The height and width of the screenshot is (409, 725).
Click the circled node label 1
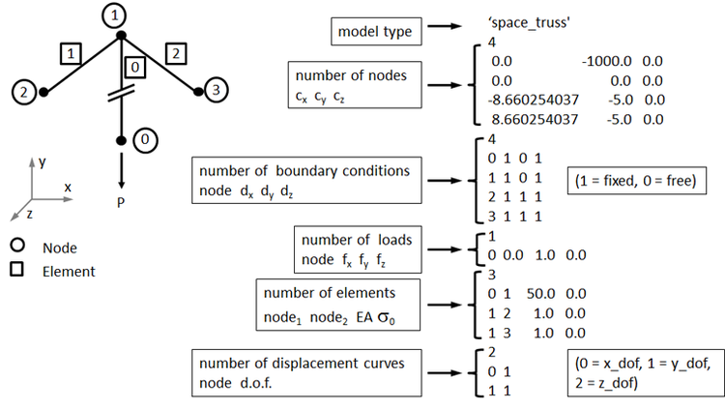pyautogui.click(x=114, y=15)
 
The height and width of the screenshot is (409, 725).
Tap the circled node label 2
pyautogui.click(x=23, y=92)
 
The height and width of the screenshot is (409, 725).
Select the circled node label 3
pyautogui.click(x=216, y=90)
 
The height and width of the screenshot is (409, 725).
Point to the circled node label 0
pyautogui.click(x=145, y=140)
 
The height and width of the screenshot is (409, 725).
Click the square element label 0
pyautogui.click(x=134, y=68)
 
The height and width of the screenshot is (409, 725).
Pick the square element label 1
pyautogui.click(x=71, y=54)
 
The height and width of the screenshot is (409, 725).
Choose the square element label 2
pyautogui.click(x=176, y=54)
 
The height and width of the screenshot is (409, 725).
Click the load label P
pyautogui.click(x=121, y=202)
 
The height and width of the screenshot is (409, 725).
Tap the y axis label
pyautogui.click(x=43, y=162)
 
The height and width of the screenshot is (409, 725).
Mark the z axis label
pyautogui.click(x=30, y=214)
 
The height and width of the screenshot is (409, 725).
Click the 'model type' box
pyautogui.click(x=376, y=32)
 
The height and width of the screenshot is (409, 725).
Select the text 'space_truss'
pyautogui.click(x=529, y=22)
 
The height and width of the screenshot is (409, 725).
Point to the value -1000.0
pyautogui.click(x=607, y=61)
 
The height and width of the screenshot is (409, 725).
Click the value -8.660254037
pyautogui.click(x=533, y=100)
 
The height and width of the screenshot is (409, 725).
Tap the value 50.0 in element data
pyautogui.click(x=540, y=293)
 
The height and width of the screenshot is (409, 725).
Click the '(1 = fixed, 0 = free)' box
pyautogui.click(x=637, y=181)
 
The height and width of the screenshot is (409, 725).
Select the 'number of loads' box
pyautogui.click(x=358, y=249)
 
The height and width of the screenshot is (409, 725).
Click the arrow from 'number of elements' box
pyautogui.click(x=445, y=305)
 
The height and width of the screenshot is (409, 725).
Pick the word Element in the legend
pyautogui.click(x=69, y=272)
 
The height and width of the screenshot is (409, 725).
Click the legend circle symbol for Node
pyautogui.click(x=17, y=246)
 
